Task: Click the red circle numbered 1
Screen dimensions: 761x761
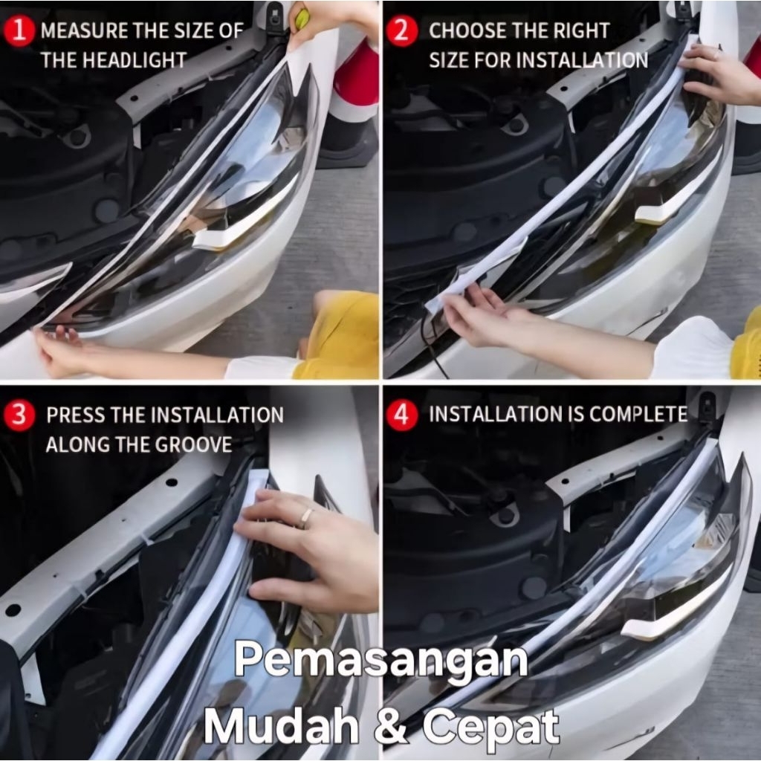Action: (x=19, y=30)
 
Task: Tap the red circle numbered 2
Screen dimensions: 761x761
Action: (x=401, y=30)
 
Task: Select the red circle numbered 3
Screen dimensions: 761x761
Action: (x=19, y=415)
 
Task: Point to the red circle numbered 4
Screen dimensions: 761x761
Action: (x=402, y=415)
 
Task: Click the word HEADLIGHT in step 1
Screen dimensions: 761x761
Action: (x=135, y=60)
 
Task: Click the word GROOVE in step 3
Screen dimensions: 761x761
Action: (x=198, y=445)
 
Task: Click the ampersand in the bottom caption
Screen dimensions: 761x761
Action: (x=391, y=726)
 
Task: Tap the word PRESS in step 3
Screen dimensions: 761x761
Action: (x=76, y=415)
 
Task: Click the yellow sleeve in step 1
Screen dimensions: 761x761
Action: (x=340, y=335)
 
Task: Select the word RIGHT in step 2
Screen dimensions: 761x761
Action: (x=581, y=30)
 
